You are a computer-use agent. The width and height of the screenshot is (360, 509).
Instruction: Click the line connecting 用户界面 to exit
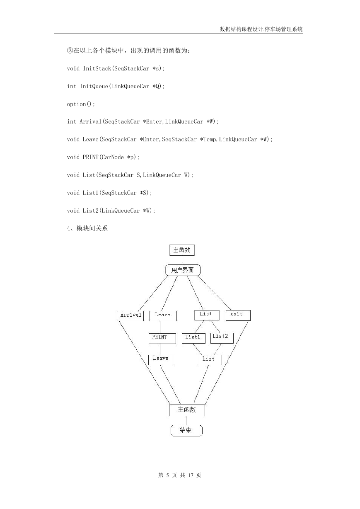(215, 293)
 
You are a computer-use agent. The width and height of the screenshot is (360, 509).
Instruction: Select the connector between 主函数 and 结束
(186, 420)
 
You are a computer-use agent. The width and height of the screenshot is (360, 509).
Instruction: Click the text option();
(81, 104)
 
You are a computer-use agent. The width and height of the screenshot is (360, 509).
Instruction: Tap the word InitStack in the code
(97, 68)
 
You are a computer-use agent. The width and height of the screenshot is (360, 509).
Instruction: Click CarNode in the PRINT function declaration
(113, 157)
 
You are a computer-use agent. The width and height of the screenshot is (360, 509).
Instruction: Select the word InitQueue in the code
(94, 86)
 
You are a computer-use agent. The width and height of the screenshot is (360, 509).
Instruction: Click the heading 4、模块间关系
(87, 228)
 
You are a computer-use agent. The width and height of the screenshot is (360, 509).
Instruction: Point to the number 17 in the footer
(191, 475)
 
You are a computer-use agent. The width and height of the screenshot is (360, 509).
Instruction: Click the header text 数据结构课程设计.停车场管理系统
(261, 29)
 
